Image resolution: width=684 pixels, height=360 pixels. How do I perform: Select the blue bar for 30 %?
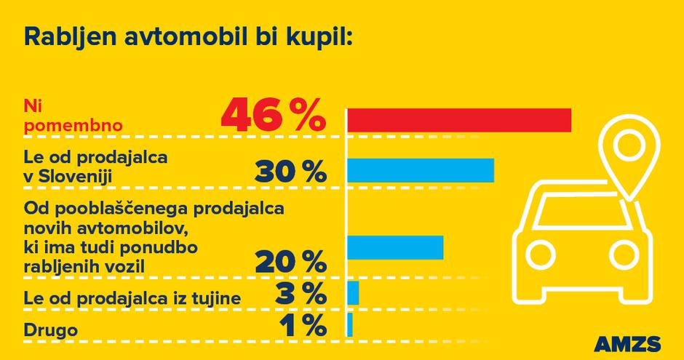click(421, 170)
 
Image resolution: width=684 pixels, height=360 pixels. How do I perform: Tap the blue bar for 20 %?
click(395, 247)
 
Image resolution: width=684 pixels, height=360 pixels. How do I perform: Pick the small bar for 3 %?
click(353, 292)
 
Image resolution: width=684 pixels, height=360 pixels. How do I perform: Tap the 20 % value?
click(290, 261)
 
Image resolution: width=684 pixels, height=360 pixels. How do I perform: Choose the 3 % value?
click(300, 295)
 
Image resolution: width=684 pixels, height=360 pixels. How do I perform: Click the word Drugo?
click(50, 331)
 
